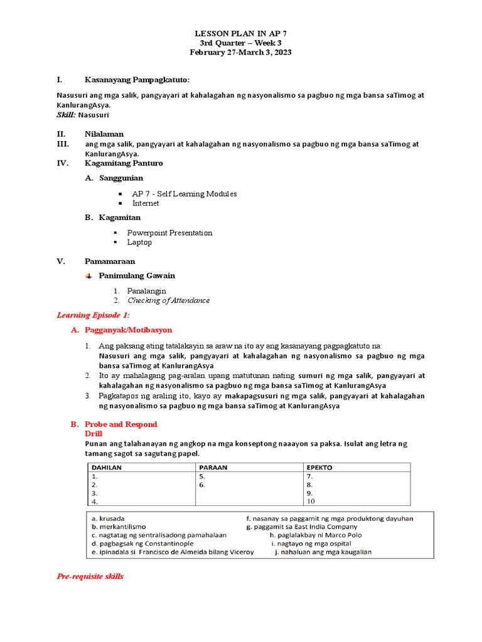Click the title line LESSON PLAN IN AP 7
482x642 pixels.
point(241,33)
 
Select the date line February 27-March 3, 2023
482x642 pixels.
point(241,53)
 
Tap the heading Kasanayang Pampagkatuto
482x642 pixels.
point(137,80)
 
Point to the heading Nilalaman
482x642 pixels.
point(104,134)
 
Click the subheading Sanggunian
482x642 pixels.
point(121,178)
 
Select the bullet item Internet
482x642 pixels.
point(146,203)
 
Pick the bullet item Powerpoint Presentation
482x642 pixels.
point(169,233)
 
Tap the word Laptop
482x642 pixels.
point(139,242)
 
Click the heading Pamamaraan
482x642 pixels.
point(110,261)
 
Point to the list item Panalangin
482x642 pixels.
point(146,291)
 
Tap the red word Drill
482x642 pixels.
point(93,433)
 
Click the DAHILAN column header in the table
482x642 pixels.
point(107,468)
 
